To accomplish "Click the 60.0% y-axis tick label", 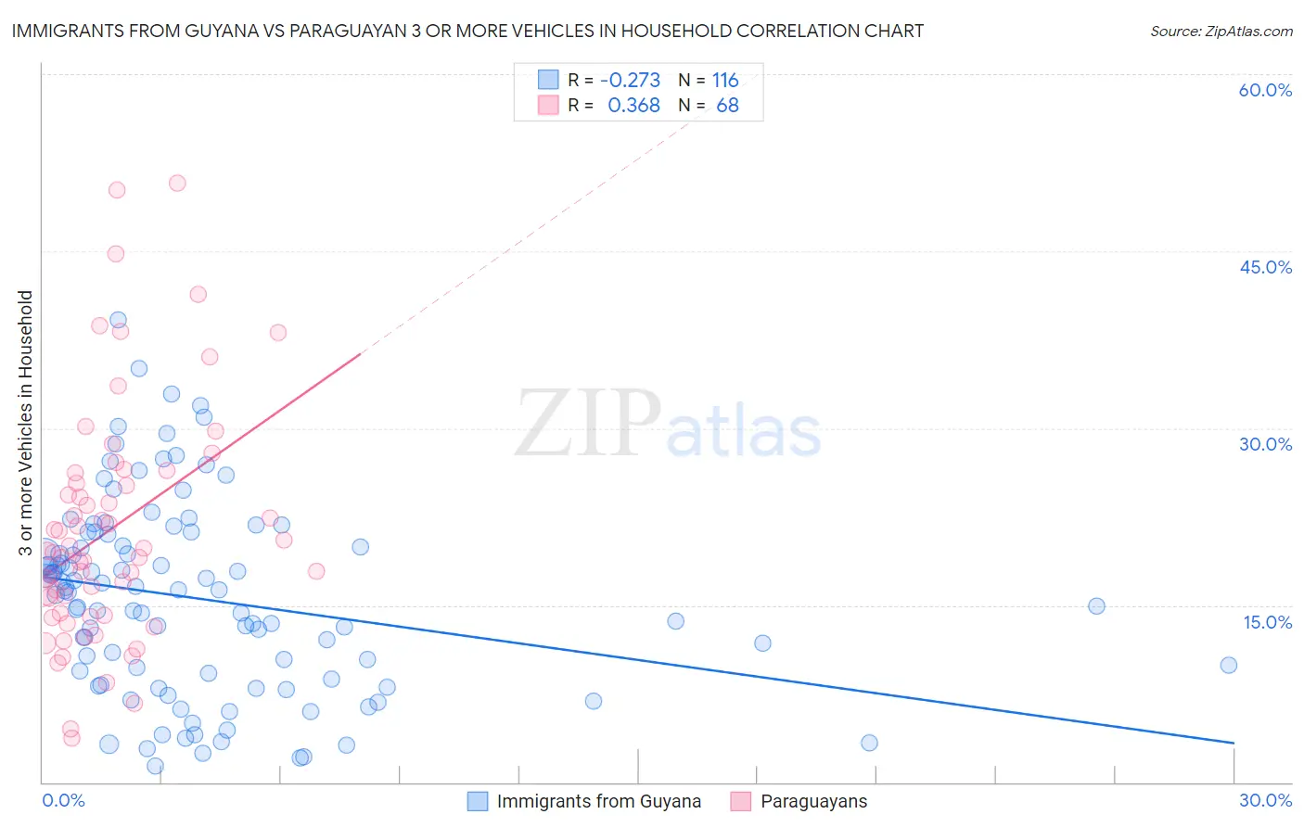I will pyautogui.click(x=1265, y=90).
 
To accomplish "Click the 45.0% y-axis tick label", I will pyautogui.click(x=1265, y=267).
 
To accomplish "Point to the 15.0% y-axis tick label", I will pyautogui.click(x=1267, y=622).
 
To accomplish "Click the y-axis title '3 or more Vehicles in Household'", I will pyautogui.click(x=25, y=423).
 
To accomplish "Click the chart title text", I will pyautogui.click(x=467, y=31).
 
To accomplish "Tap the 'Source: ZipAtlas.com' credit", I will pyautogui.click(x=1221, y=32).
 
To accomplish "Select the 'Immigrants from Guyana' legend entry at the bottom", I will pyautogui.click(x=598, y=802).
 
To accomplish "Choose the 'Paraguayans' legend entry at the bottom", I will pyautogui.click(x=813, y=802).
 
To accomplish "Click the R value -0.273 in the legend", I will pyautogui.click(x=630, y=81).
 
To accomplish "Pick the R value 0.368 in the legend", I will pyautogui.click(x=633, y=106).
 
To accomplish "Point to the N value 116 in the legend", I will pyautogui.click(x=725, y=81).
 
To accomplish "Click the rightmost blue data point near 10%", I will pyautogui.click(x=1229, y=665).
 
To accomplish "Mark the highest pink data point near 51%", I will pyautogui.click(x=177, y=184).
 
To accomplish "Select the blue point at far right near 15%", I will pyautogui.click(x=1096, y=606).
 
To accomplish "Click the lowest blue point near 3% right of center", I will pyautogui.click(x=869, y=743).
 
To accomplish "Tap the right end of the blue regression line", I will pyautogui.click(x=1234, y=743).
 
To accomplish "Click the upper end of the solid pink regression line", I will pyautogui.click(x=360, y=353).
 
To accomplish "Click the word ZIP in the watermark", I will pyautogui.click(x=588, y=425).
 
